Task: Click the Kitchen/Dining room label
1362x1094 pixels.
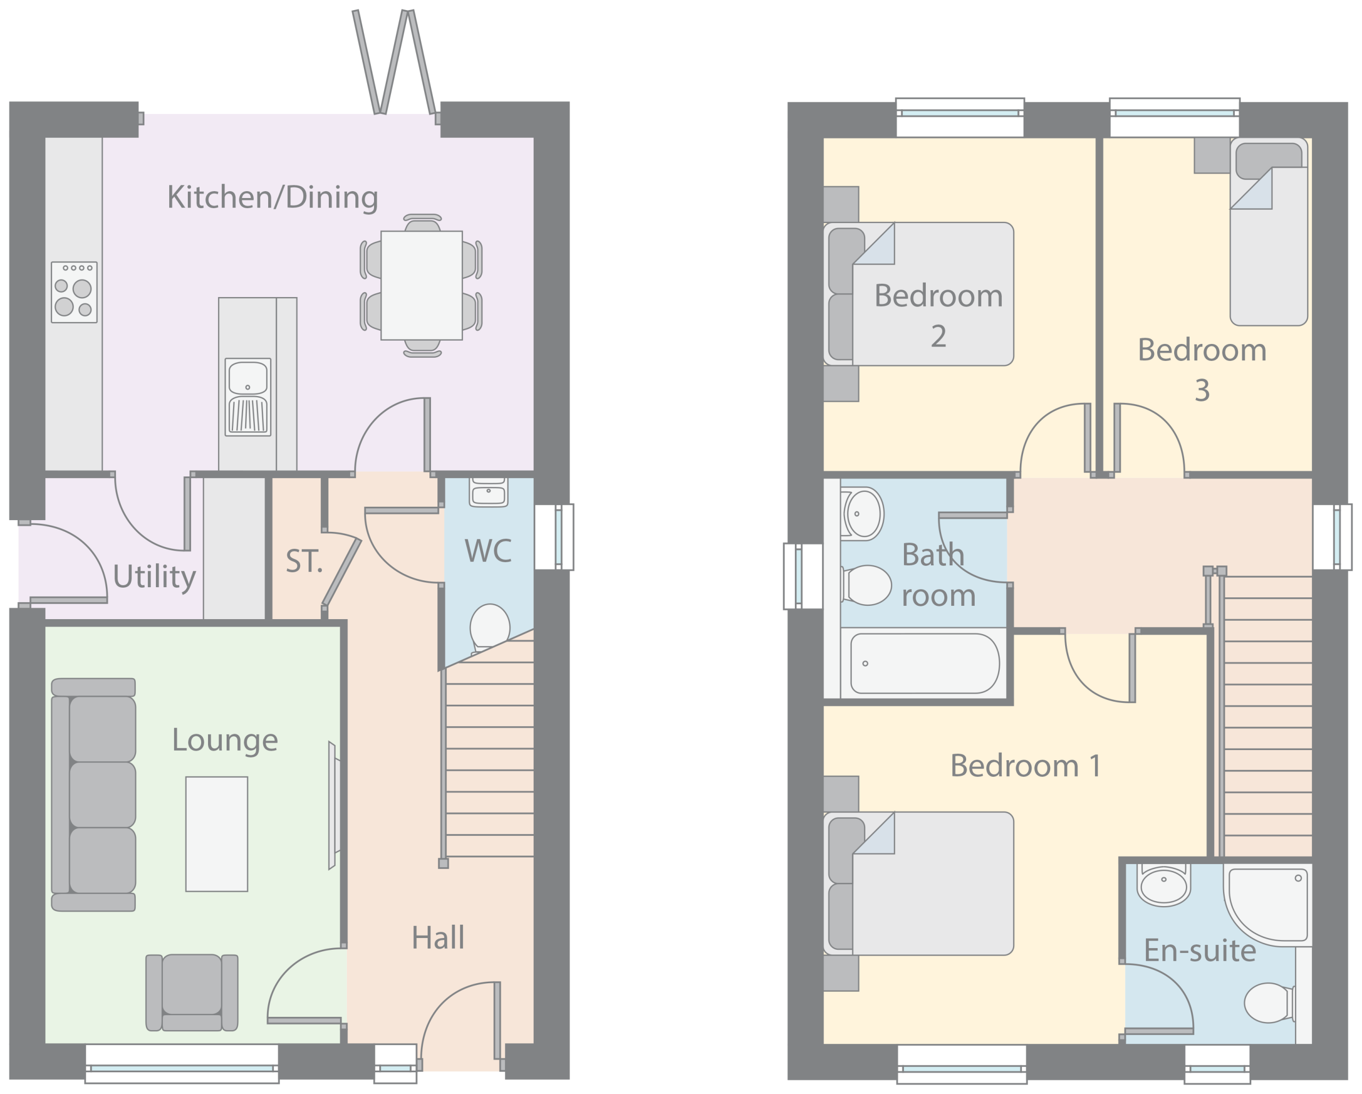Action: [x=273, y=198]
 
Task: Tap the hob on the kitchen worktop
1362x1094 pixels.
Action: [x=74, y=292]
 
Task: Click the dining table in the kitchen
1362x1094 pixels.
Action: [x=421, y=286]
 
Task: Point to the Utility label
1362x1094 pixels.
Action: [x=154, y=577]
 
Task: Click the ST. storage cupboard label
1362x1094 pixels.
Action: [x=304, y=561]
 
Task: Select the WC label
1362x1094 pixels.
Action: [x=488, y=551]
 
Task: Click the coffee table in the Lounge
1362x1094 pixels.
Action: [x=217, y=834]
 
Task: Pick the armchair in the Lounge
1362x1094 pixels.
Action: [x=192, y=992]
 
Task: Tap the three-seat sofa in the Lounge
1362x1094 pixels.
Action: [x=94, y=794]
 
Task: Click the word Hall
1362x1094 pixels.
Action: [x=438, y=937]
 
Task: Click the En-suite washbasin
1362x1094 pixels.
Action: [x=1164, y=884]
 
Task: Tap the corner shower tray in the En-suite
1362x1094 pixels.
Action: [x=1267, y=905]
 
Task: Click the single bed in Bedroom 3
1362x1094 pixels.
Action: [x=1268, y=232]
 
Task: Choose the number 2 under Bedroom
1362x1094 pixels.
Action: [x=938, y=335]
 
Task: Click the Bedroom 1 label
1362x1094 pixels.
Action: [x=1025, y=766]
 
